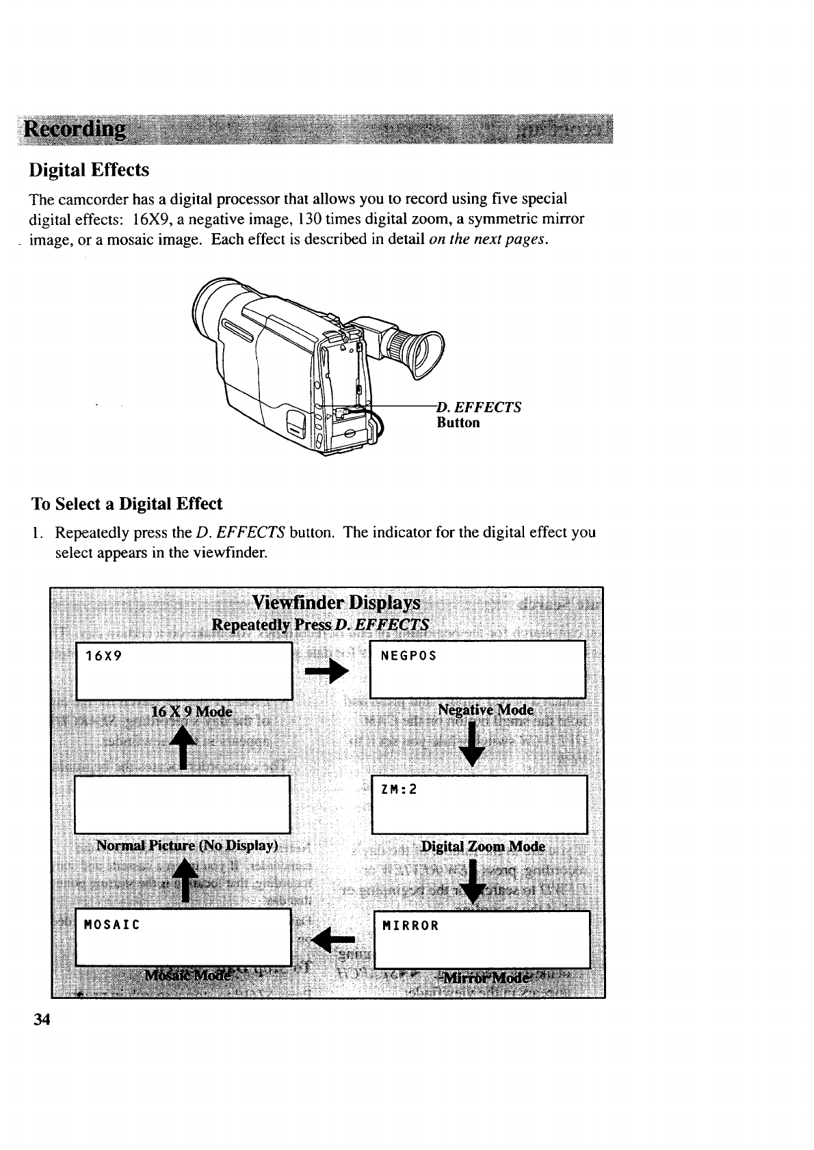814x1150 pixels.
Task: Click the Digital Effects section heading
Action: click(x=89, y=170)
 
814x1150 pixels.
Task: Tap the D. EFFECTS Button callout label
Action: click(x=479, y=415)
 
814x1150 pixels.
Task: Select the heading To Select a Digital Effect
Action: click(x=127, y=504)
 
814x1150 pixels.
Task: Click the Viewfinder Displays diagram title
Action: click(x=336, y=603)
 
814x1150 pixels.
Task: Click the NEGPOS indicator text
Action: click(x=408, y=656)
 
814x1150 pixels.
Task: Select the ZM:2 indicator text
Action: click(x=399, y=790)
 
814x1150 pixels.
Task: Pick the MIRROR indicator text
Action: click(x=410, y=926)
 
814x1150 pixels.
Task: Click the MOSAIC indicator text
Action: click(x=111, y=926)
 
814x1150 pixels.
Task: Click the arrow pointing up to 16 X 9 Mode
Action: click(x=183, y=746)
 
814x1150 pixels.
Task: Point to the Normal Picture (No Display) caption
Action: click(x=187, y=845)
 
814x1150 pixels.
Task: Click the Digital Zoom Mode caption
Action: click(x=483, y=847)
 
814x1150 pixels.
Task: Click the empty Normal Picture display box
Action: click(x=183, y=804)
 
